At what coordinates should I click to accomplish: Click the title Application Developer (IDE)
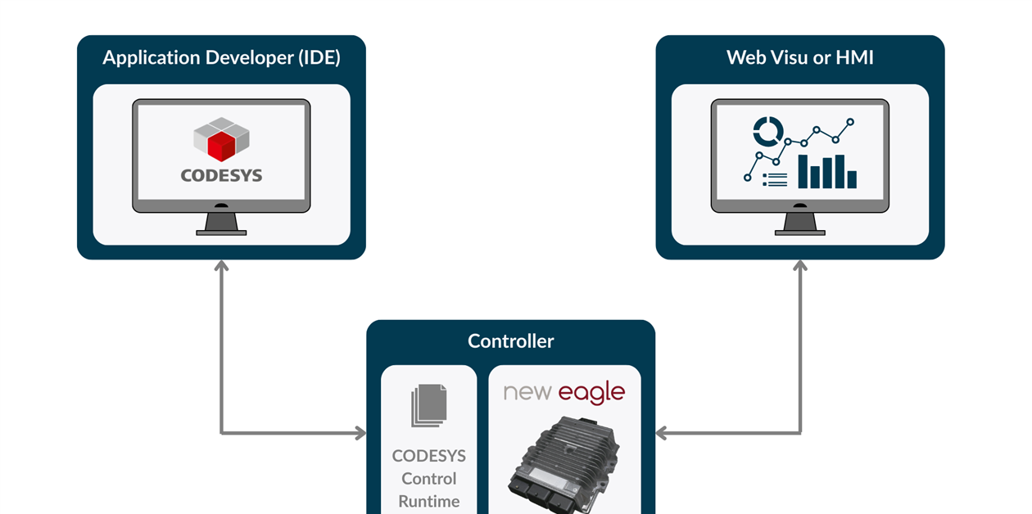click(221, 58)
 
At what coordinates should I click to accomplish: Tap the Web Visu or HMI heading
click(799, 58)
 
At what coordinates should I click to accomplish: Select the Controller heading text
click(510, 341)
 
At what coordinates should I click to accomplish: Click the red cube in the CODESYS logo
click(221, 147)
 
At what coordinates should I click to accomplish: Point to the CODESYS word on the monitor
click(221, 175)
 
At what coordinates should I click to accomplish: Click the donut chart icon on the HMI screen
click(768, 130)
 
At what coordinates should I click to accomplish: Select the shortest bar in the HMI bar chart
click(852, 179)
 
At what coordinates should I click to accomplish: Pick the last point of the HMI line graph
click(850, 122)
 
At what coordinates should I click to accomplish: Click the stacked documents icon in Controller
click(429, 406)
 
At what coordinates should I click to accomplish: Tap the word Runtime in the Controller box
click(429, 501)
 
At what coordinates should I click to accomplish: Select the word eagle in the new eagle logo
click(591, 394)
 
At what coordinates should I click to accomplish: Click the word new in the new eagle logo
click(528, 393)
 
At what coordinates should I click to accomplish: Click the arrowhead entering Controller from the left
click(360, 433)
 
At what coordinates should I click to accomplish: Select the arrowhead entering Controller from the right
click(662, 433)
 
